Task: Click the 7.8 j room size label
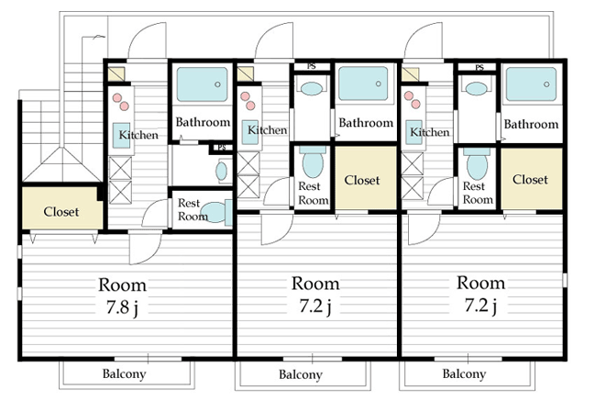tap(122, 307)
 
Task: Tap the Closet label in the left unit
tap(61, 212)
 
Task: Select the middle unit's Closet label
tap(362, 180)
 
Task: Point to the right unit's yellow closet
tap(531, 178)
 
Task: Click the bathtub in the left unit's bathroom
tap(203, 84)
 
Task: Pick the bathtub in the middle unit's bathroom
tap(364, 84)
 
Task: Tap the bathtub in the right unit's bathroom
tap(531, 84)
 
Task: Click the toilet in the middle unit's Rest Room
tap(313, 162)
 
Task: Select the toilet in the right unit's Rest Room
tap(477, 163)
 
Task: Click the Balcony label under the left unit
tap(124, 373)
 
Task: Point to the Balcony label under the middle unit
tap(301, 374)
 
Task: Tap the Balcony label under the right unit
tap(464, 373)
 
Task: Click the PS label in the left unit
tap(222, 148)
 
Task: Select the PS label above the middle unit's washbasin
tap(311, 66)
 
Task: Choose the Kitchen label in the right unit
tap(430, 132)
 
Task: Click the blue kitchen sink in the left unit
tap(121, 135)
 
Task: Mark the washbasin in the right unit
tap(476, 89)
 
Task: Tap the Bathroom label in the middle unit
tap(366, 123)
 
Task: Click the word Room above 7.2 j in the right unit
tap(480, 283)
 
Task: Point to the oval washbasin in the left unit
tap(222, 171)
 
